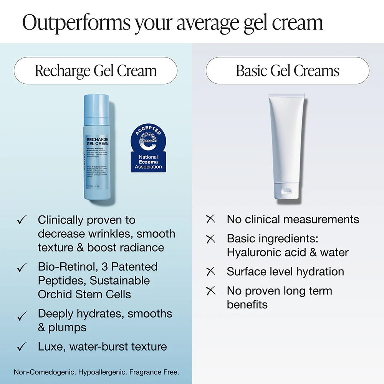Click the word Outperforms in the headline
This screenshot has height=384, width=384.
(x=76, y=23)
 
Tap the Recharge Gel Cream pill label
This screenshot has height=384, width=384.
(x=96, y=71)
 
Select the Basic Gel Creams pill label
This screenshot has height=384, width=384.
(x=288, y=71)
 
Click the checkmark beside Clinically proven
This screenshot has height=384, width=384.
(x=22, y=220)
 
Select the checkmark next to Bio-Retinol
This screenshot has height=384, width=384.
(x=22, y=267)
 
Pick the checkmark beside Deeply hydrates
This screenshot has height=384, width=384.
(x=22, y=316)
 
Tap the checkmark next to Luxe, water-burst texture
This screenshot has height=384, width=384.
(x=22, y=347)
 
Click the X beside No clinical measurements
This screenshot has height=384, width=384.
(x=211, y=219)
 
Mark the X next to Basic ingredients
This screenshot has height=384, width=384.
(x=211, y=239)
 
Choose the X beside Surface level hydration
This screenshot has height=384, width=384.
(x=211, y=271)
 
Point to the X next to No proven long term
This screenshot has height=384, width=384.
(x=211, y=291)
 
